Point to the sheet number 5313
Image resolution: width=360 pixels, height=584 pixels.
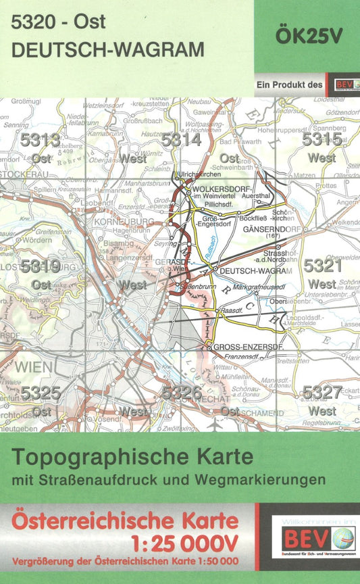click(41, 140)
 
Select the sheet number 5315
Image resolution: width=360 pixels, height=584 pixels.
click(322, 140)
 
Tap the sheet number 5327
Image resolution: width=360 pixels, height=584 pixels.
click(322, 392)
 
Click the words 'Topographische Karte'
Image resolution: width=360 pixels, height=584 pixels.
click(133, 457)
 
